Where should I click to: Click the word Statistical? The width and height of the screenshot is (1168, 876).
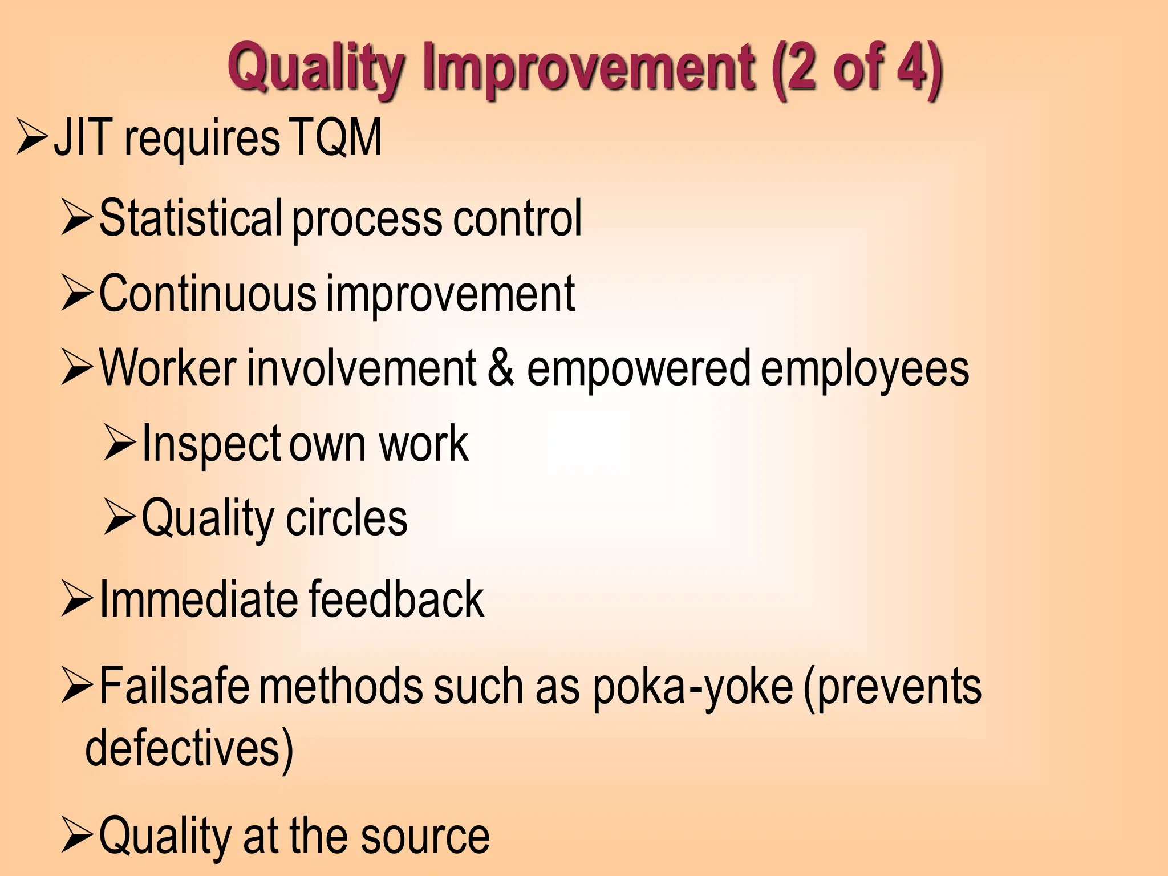pyautogui.click(x=190, y=218)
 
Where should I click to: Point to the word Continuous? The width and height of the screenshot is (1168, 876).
pyautogui.click(x=208, y=293)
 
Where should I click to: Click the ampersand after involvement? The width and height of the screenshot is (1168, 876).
pyautogui.click(x=501, y=368)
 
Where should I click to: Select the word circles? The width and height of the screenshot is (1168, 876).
pyautogui.click(x=347, y=517)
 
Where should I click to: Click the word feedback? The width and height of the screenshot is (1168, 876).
pyautogui.click(x=396, y=599)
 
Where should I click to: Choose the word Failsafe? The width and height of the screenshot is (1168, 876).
pyautogui.click(x=174, y=686)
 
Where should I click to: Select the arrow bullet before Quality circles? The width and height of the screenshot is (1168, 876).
pyautogui.click(x=120, y=517)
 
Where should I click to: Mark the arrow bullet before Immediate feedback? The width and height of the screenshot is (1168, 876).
pyautogui.click(x=77, y=599)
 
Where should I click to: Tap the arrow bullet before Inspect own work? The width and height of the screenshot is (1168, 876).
pyautogui.click(x=120, y=444)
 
